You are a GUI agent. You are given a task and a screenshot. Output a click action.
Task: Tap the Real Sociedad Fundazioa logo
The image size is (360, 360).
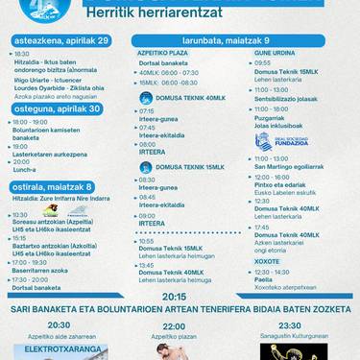tap(280, 142)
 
